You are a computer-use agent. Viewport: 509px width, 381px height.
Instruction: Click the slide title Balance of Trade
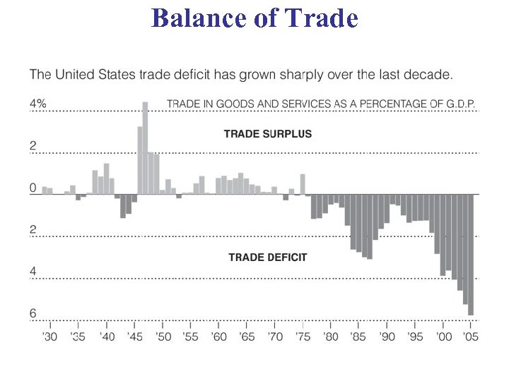tap(255, 18)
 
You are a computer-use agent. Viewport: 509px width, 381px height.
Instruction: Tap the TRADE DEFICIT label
tap(268, 258)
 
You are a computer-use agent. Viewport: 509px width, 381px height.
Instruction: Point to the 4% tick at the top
tap(37, 104)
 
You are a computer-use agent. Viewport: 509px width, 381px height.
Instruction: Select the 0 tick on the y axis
tap(33, 188)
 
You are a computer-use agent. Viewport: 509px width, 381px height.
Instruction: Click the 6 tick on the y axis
tap(33, 314)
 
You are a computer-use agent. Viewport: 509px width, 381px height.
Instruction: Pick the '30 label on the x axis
tap(49, 337)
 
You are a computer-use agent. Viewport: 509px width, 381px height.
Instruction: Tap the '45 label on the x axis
tap(134, 337)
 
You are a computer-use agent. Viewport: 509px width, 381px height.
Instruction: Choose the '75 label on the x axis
tap(303, 337)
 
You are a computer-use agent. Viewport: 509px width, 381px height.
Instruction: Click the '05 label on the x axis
tap(471, 337)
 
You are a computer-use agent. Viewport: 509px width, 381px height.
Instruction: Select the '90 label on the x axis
tap(387, 337)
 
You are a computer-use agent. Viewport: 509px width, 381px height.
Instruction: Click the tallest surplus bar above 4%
tap(145, 148)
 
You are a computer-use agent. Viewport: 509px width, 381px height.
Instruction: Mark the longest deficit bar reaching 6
tap(470, 254)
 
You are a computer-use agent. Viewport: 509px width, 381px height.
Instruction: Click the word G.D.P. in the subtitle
tap(458, 104)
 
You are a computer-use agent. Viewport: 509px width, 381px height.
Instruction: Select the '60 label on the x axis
tap(218, 337)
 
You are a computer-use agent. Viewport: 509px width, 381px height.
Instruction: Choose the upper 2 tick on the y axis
tap(33, 146)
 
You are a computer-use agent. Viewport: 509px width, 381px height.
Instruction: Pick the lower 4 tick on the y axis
tap(33, 272)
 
